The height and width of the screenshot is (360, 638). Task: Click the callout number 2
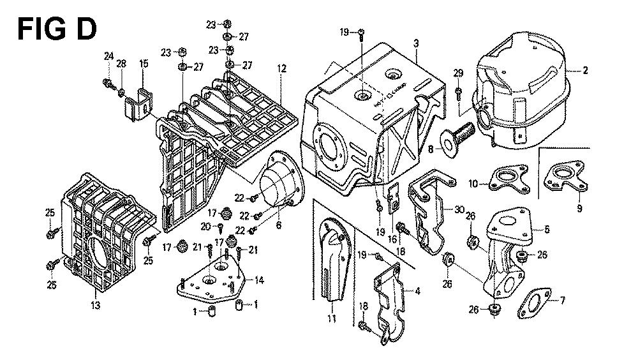click(585, 71)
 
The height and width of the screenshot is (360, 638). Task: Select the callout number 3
click(415, 43)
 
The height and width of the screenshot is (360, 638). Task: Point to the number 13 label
click(95, 306)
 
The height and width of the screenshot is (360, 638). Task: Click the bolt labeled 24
click(106, 83)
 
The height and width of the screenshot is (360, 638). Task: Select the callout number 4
click(417, 292)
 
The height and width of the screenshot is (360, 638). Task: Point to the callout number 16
click(392, 239)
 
